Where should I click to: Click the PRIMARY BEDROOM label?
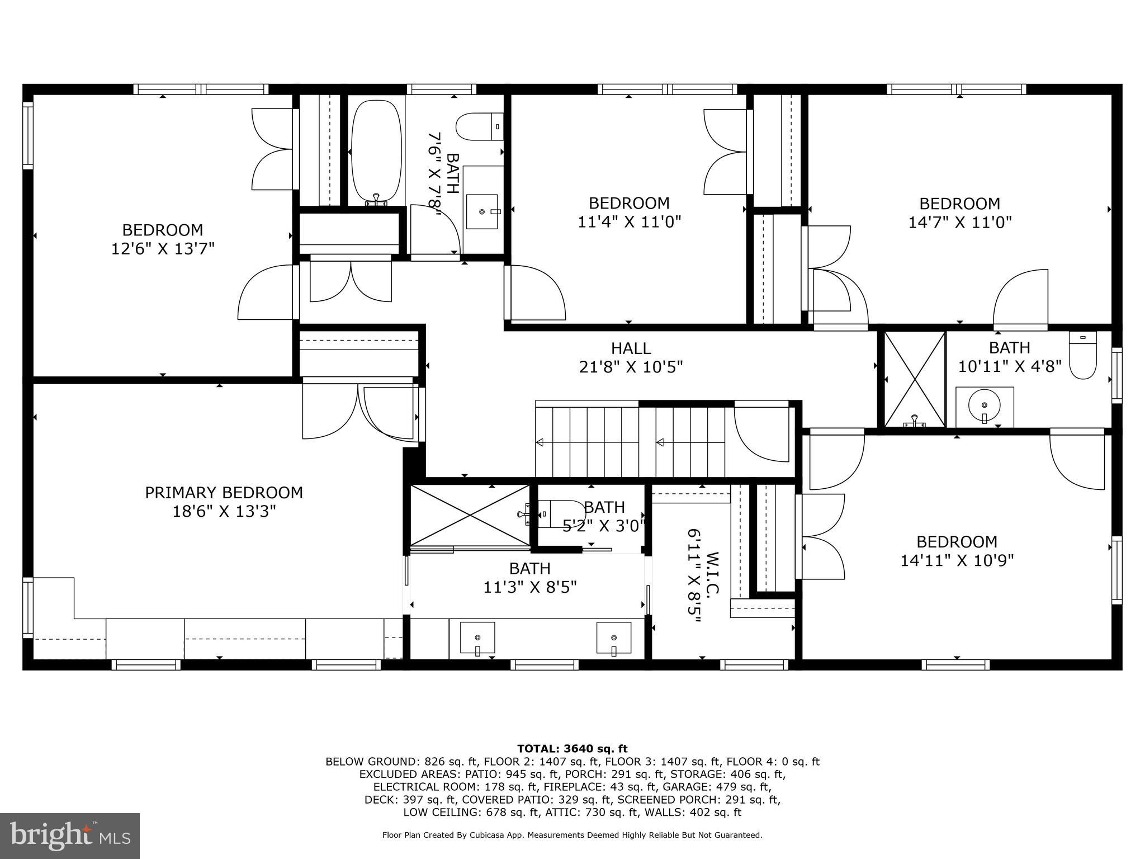coord(224,493)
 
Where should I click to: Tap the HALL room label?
coord(631,348)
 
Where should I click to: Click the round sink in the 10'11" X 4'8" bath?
coord(984,406)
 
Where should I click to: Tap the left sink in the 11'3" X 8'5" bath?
coord(477,638)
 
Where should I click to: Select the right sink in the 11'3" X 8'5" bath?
coord(614,638)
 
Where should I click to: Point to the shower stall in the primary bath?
coord(470,515)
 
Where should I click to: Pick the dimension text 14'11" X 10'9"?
coord(957,560)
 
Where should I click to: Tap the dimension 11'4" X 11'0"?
coord(629,222)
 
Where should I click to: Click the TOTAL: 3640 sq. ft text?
coord(572,749)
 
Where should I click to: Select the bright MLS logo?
coord(70,836)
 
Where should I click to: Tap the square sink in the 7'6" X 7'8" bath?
coord(482,211)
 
